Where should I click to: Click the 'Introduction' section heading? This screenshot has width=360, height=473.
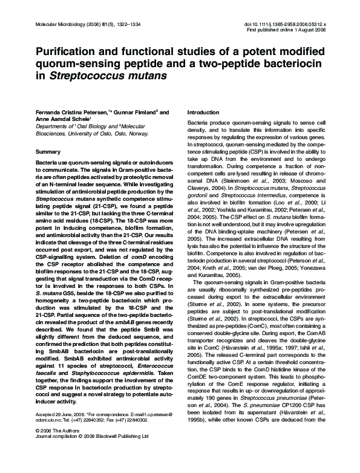click(203, 113)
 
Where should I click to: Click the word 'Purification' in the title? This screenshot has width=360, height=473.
click(66, 53)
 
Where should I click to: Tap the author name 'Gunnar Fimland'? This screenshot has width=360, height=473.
click(128, 113)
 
